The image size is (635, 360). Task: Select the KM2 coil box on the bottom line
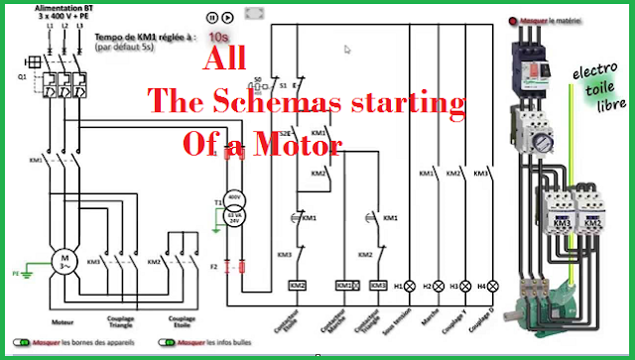[x=296, y=286]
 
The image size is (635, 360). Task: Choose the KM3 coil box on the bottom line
[x=377, y=286]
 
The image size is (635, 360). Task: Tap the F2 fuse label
[x=216, y=265]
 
